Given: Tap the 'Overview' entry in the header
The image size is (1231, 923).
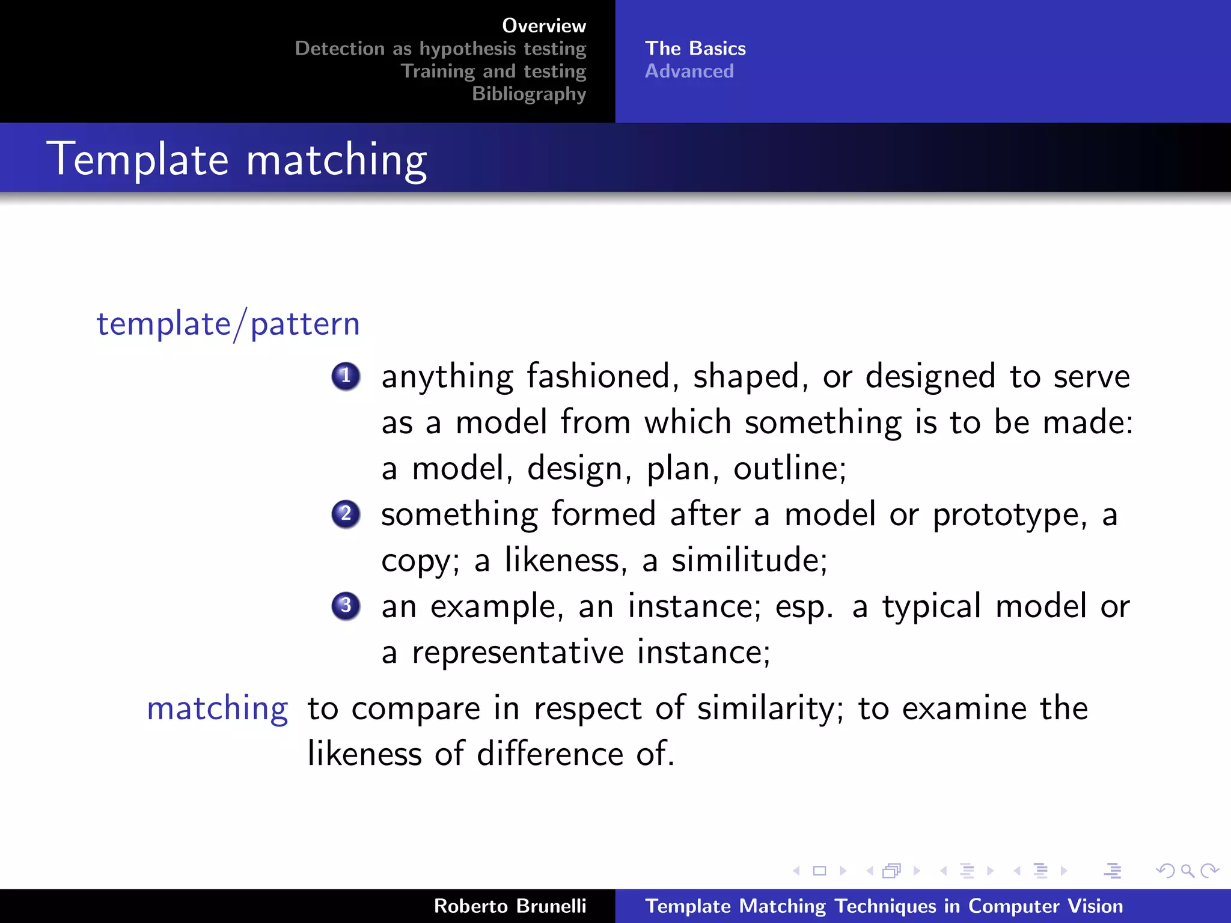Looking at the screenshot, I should [543, 26].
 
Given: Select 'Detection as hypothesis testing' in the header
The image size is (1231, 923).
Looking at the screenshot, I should [440, 49].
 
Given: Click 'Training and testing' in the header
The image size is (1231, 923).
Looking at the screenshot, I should [493, 72].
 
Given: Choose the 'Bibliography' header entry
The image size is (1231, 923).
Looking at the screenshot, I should [528, 94].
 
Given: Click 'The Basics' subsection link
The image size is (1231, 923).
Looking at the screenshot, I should [695, 49].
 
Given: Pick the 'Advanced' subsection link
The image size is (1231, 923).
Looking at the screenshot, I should [689, 72].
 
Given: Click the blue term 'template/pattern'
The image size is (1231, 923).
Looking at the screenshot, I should [228, 324].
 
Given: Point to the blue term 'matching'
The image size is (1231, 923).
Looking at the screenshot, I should [218, 708].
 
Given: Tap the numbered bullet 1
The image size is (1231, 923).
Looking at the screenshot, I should [346, 377].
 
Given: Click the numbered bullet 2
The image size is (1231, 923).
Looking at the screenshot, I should [346, 514].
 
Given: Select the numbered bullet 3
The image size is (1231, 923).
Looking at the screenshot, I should [346, 606].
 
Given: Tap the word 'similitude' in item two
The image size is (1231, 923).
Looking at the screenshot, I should [748, 561].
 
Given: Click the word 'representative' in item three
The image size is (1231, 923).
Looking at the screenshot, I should [518, 653].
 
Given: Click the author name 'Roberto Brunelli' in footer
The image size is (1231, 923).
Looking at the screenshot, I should [510, 906].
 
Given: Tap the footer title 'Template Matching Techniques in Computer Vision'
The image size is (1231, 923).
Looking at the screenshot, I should [884, 906].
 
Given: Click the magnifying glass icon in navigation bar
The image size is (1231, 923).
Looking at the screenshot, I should [1187, 871].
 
